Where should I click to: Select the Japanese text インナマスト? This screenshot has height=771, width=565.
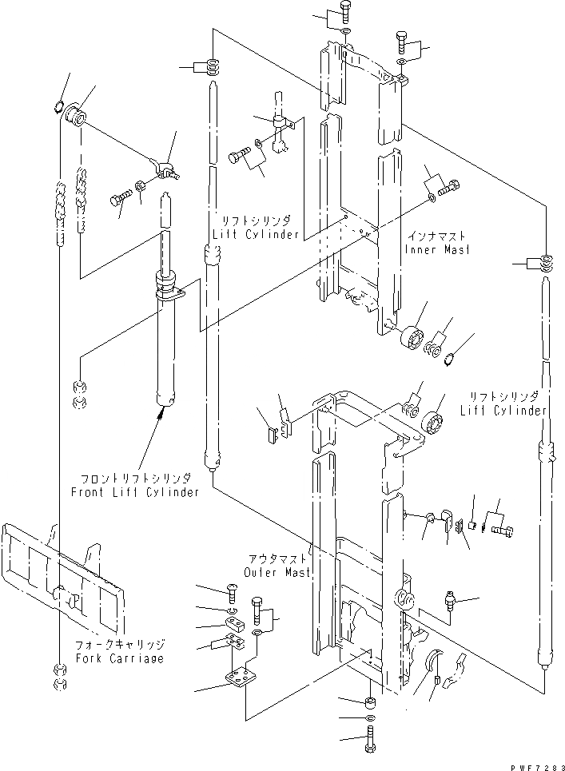click(x=436, y=237)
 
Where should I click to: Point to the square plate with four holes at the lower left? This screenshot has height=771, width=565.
click(x=240, y=682)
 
